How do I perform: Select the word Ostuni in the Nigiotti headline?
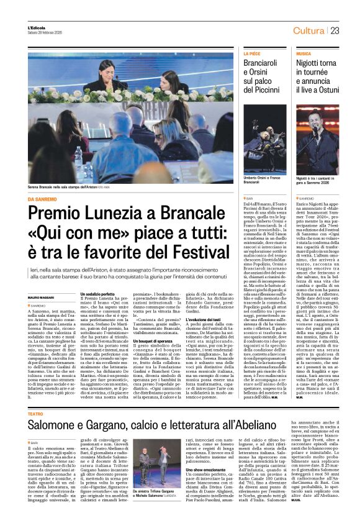tap(339, 90)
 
